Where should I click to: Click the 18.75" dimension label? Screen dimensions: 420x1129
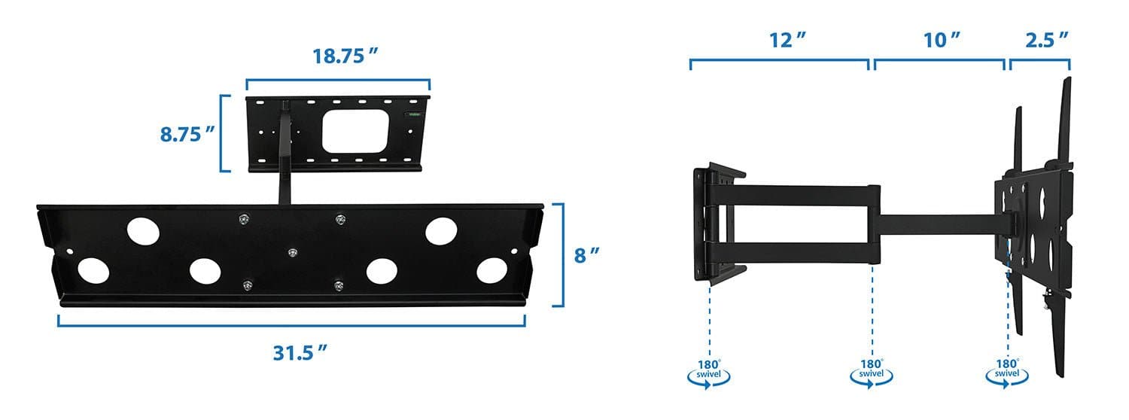[x=345, y=57]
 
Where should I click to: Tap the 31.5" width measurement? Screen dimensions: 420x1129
[x=300, y=352]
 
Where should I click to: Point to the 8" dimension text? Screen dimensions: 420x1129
[x=586, y=255]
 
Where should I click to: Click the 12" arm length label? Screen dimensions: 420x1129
[x=783, y=41]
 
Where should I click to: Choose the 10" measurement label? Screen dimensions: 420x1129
[x=942, y=41]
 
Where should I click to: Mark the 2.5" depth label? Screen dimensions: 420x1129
[x=1047, y=41]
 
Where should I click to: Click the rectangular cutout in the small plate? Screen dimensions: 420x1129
[x=355, y=130]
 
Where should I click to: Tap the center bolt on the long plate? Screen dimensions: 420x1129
[x=291, y=252]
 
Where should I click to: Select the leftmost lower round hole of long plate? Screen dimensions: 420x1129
[x=93, y=270]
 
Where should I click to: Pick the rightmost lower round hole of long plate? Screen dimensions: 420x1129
[x=491, y=270]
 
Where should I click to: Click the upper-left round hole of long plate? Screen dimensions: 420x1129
[x=143, y=231]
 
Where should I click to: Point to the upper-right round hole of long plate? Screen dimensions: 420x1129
[x=441, y=231]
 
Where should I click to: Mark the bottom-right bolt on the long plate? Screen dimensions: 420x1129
[x=339, y=285]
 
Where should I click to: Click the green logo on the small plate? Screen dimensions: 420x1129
[x=413, y=114]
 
